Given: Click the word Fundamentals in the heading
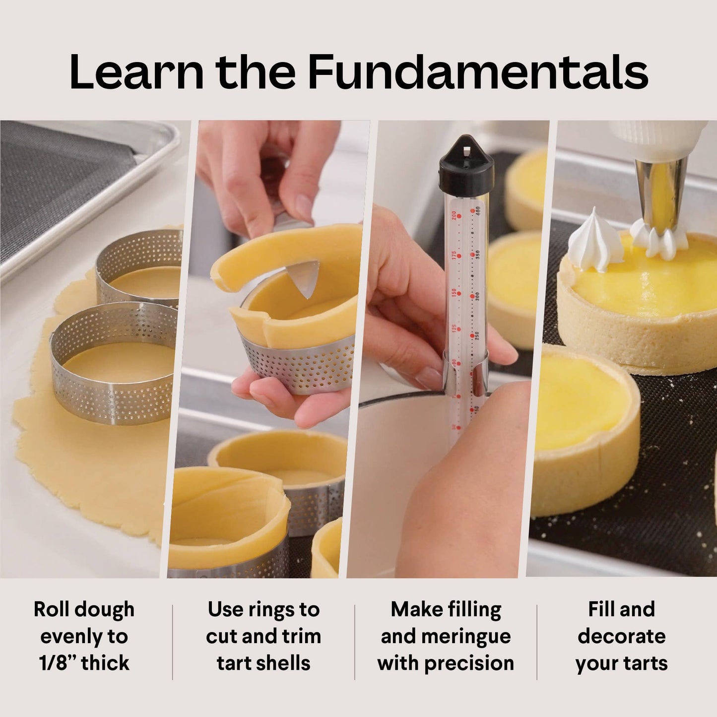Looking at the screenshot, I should tap(478, 72).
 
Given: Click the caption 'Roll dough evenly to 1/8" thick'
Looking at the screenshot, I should tap(84, 636).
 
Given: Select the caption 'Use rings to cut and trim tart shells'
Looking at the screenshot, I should tap(263, 636).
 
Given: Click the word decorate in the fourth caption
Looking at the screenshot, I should tap(621, 636).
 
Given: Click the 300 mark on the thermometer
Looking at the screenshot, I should tap(476, 295).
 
